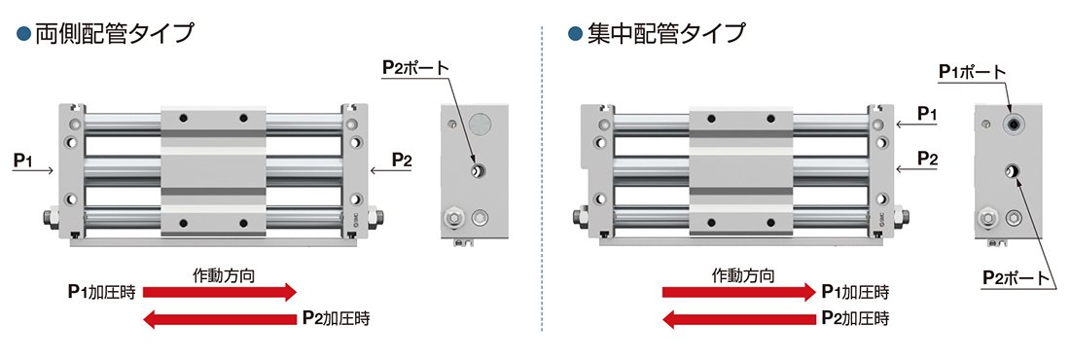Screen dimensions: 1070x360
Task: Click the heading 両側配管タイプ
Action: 115,33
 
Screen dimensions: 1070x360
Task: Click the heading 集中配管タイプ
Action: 666,33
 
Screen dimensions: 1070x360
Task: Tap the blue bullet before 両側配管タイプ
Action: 24,33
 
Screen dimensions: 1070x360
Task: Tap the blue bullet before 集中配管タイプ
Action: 575,33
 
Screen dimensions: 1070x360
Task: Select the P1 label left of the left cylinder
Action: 23,161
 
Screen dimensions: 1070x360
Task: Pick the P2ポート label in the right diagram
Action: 1016,277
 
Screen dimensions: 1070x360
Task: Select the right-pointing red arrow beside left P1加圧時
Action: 219,292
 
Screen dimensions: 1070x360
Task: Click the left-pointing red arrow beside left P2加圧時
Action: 219,318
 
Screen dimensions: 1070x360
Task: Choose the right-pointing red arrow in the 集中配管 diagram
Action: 739,292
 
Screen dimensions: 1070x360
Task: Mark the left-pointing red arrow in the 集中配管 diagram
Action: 739,318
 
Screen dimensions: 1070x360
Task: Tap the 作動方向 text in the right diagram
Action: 743,275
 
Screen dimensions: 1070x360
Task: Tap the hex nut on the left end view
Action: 453,219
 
